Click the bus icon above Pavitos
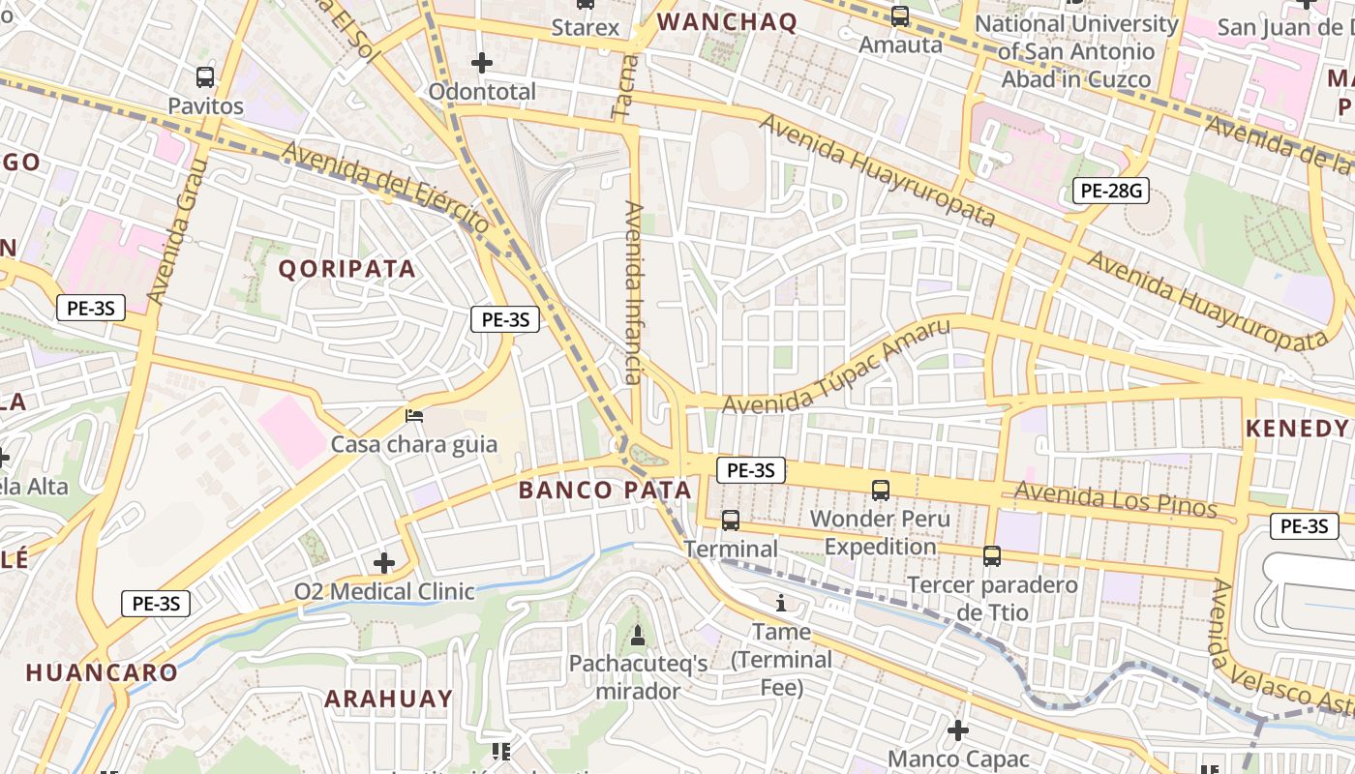[x=205, y=77]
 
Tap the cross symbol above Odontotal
[x=482, y=64]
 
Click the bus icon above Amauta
[x=900, y=16]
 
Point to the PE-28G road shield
[x=1111, y=191]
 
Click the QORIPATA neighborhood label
[x=347, y=269]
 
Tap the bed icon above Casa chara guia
[x=414, y=417]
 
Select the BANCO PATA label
[x=605, y=490]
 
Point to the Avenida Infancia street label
[x=634, y=292]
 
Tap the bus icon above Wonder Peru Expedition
[x=881, y=491]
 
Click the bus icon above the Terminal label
[x=731, y=521]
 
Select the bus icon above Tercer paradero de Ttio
[x=992, y=556]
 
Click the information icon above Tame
[x=782, y=604]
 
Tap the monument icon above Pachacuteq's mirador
[x=637, y=636]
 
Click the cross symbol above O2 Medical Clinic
[x=384, y=562]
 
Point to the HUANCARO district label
[x=102, y=672]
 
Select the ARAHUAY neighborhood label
[x=388, y=699]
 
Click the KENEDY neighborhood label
[x=1297, y=429]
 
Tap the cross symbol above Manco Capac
[x=958, y=730]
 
